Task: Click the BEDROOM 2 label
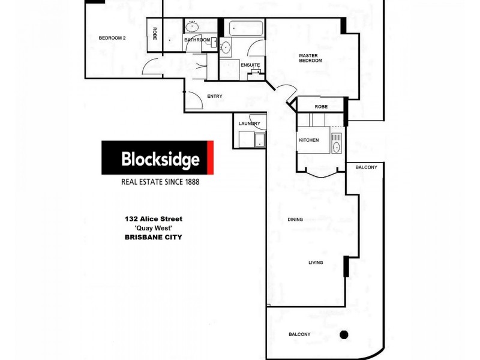pyautogui.click(x=112, y=38)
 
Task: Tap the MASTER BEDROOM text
pyautogui.click(x=311, y=58)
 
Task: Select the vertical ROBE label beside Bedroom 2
pyautogui.click(x=155, y=34)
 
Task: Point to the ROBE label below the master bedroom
pyautogui.click(x=321, y=107)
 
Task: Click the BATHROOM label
pyautogui.click(x=197, y=40)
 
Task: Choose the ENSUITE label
pyautogui.click(x=250, y=64)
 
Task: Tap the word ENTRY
pyautogui.click(x=215, y=96)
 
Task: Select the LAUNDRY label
pyautogui.click(x=249, y=124)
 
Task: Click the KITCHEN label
pyautogui.click(x=309, y=140)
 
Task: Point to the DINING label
pyautogui.click(x=295, y=220)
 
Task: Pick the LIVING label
pyautogui.click(x=316, y=263)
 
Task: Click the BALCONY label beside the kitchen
pyautogui.click(x=366, y=167)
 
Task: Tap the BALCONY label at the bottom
pyautogui.click(x=299, y=334)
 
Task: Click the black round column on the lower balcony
pyautogui.click(x=344, y=334)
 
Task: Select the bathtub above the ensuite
pyautogui.click(x=245, y=28)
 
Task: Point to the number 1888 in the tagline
pyautogui.click(x=204, y=181)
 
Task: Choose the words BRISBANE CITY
pyautogui.click(x=152, y=238)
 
